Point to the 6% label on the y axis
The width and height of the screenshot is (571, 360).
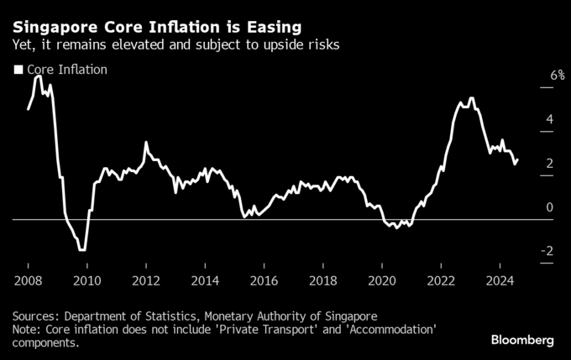pos(534,76)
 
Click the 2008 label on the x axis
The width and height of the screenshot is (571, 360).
pos(28,279)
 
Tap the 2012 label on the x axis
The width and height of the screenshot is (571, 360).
pos(146,279)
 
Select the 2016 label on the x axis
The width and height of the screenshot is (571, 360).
pos(264,279)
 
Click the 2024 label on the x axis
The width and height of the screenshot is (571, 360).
pos(500,279)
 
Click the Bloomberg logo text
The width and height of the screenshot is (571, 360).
pos(522,341)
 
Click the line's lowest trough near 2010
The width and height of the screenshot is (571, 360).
pos(81,249)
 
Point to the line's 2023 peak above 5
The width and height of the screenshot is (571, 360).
pos(472,98)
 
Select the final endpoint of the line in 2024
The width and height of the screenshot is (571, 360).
pos(517,159)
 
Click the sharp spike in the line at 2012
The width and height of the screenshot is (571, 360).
pos(145,143)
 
